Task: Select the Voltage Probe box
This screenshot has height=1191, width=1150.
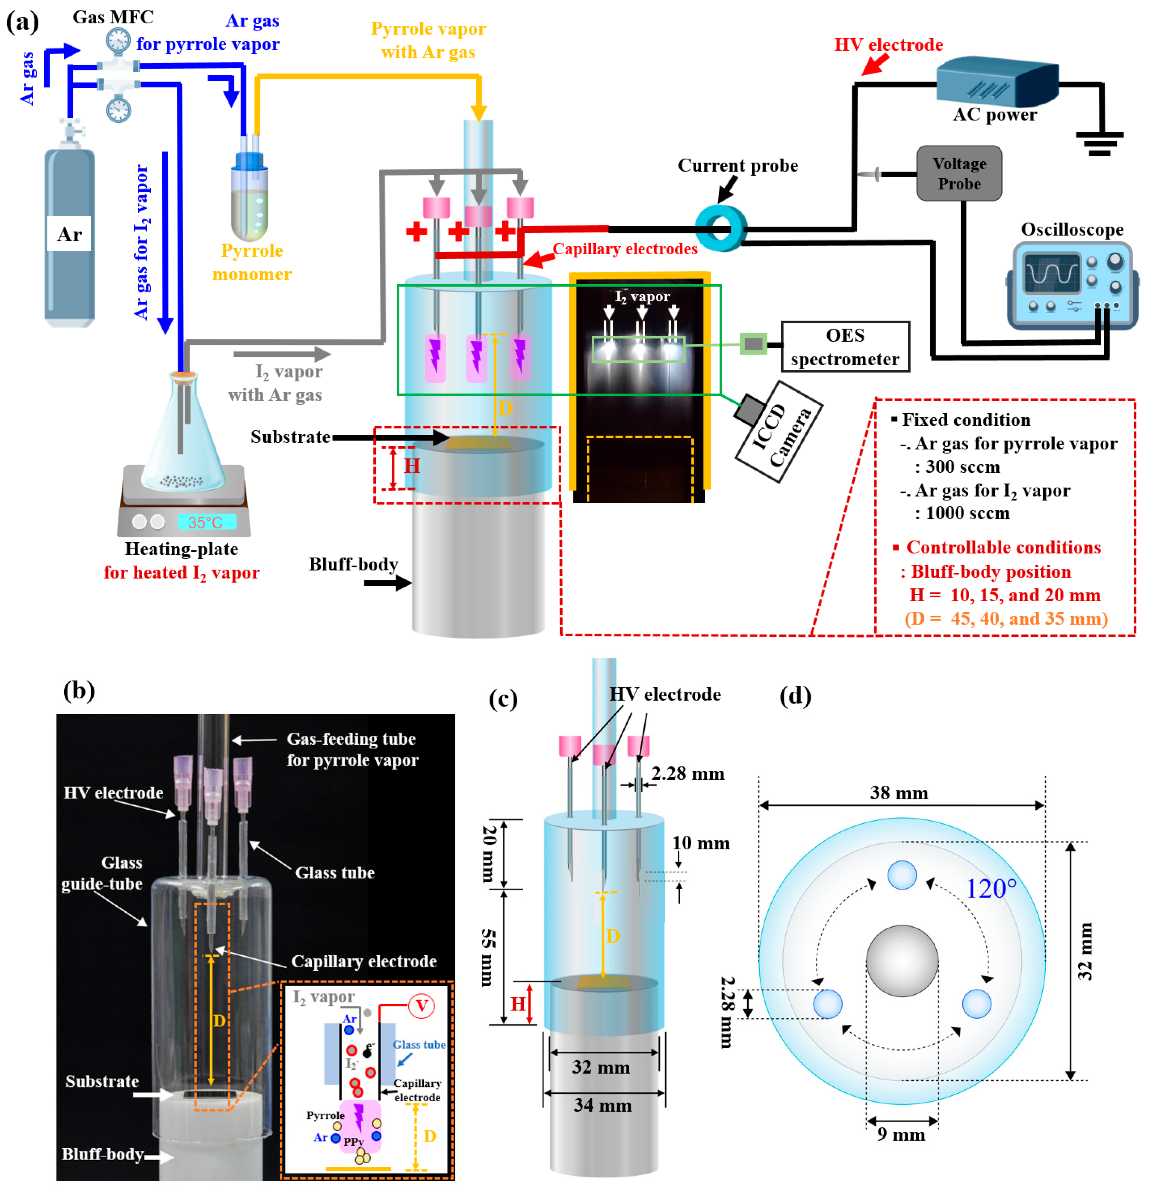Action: (959, 173)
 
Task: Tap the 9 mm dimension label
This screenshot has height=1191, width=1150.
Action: (901, 1134)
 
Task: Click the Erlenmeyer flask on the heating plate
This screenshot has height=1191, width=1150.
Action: (182, 438)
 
